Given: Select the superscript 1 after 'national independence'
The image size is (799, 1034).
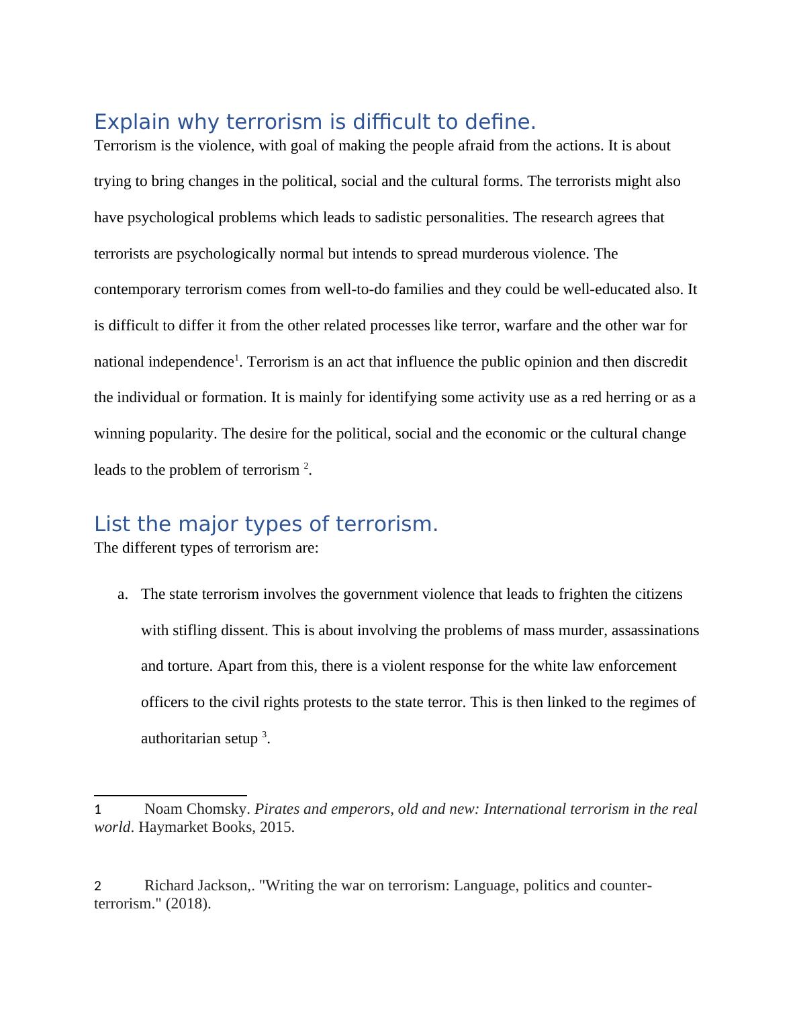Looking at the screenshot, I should click(x=236, y=359).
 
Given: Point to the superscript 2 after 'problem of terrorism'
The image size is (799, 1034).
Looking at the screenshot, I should click(x=306, y=466).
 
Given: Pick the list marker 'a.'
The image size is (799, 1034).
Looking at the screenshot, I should click(x=122, y=595).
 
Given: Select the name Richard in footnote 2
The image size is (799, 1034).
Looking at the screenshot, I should click(x=168, y=886).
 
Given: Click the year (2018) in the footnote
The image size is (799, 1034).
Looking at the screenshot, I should click(x=189, y=904).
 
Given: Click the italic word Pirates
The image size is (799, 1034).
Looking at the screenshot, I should click(x=277, y=809).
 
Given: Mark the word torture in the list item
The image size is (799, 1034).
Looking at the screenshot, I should click(x=189, y=666).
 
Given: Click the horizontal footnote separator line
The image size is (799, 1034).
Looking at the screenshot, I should click(x=171, y=795).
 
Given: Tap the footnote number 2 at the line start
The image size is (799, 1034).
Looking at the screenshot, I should click(x=98, y=886).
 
